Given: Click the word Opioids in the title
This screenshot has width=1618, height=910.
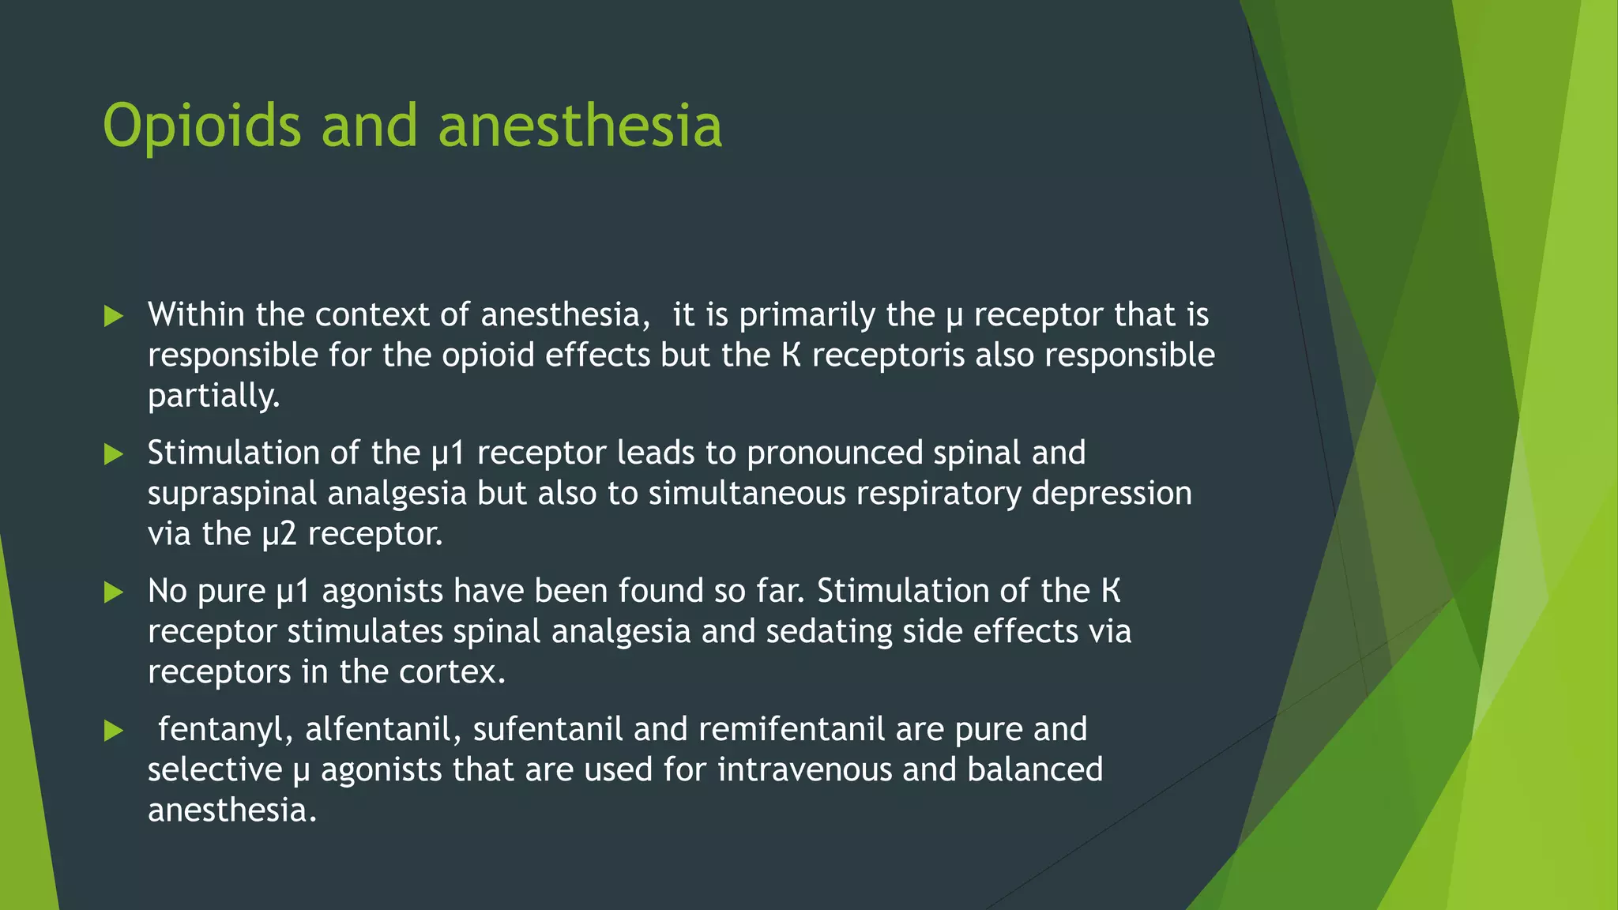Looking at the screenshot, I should tap(202, 126).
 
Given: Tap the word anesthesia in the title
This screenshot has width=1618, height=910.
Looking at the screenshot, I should tap(579, 126).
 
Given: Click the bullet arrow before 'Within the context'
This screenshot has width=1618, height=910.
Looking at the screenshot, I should tap(114, 317).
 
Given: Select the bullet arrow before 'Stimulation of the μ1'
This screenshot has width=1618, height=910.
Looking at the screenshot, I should tap(114, 454).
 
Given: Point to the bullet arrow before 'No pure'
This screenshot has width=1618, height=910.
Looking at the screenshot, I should tap(114, 592).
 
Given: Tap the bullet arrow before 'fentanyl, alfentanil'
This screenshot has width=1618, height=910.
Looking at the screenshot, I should tap(114, 731).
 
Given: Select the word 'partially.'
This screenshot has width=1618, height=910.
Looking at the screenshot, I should tap(214, 395).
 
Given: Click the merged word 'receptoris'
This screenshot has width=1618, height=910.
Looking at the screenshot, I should tap(888, 355).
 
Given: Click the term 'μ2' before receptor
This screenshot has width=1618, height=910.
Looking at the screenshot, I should tap(279, 534).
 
